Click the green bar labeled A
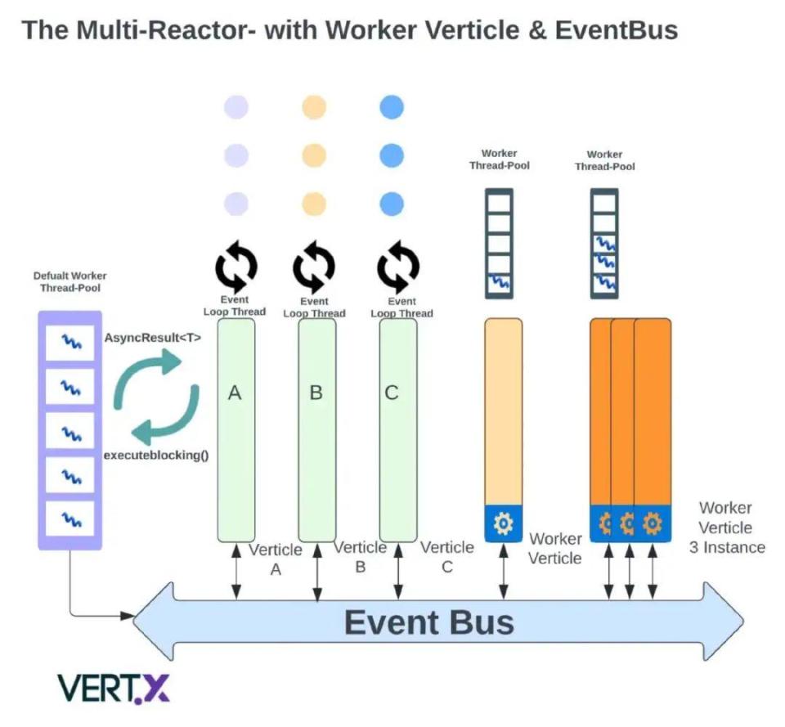tap(235, 429)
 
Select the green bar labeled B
tap(316, 429)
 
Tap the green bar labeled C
tap(397, 429)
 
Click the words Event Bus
tap(428, 622)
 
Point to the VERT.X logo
tap(113, 689)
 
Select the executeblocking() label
tap(155, 454)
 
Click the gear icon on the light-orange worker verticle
tap(504, 523)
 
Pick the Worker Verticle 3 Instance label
tap(726, 527)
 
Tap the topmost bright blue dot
tap(392, 107)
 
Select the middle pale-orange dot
tap(314, 155)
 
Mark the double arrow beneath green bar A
tap(235, 570)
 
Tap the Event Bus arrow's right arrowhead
tap(724, 623)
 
